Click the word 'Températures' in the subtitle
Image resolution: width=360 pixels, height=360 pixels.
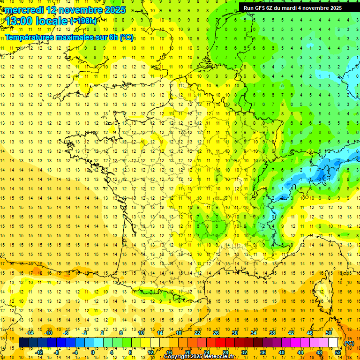[27, 37]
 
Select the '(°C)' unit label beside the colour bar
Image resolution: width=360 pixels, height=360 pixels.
[349, 343]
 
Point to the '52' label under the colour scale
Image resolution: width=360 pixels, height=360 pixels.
[337, 352]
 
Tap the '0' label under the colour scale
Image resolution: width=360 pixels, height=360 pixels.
[92, 352]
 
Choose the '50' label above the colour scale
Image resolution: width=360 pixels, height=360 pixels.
[329, 333]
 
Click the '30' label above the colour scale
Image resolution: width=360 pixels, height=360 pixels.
[235, 333]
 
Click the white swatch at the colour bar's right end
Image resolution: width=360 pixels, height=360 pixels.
[333, 343]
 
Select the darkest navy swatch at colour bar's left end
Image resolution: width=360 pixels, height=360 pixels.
[23, 343]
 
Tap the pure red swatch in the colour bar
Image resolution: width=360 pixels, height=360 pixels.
[220, 343]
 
